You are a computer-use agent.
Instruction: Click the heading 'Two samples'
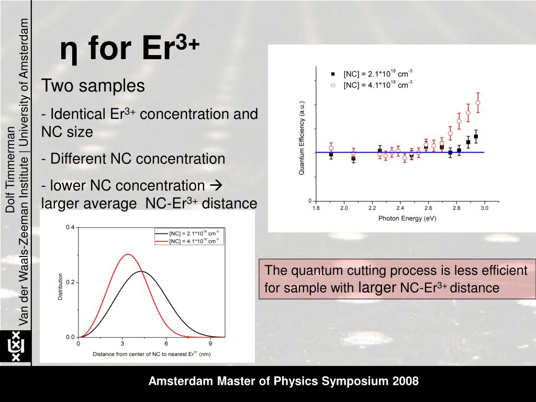coord(93,85)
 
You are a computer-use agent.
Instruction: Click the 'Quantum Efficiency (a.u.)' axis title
coord(302,139)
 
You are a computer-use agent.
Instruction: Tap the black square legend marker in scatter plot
coord(333,74)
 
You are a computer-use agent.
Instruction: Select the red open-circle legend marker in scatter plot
coord(333,84)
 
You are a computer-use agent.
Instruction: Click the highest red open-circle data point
coord(477,103)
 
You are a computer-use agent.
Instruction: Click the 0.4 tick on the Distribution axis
coord(71,227)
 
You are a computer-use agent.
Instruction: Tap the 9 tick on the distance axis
coord(210,344)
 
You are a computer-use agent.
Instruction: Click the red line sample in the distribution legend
coord(161,241)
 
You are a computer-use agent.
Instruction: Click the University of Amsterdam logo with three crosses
coord(15,347)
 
